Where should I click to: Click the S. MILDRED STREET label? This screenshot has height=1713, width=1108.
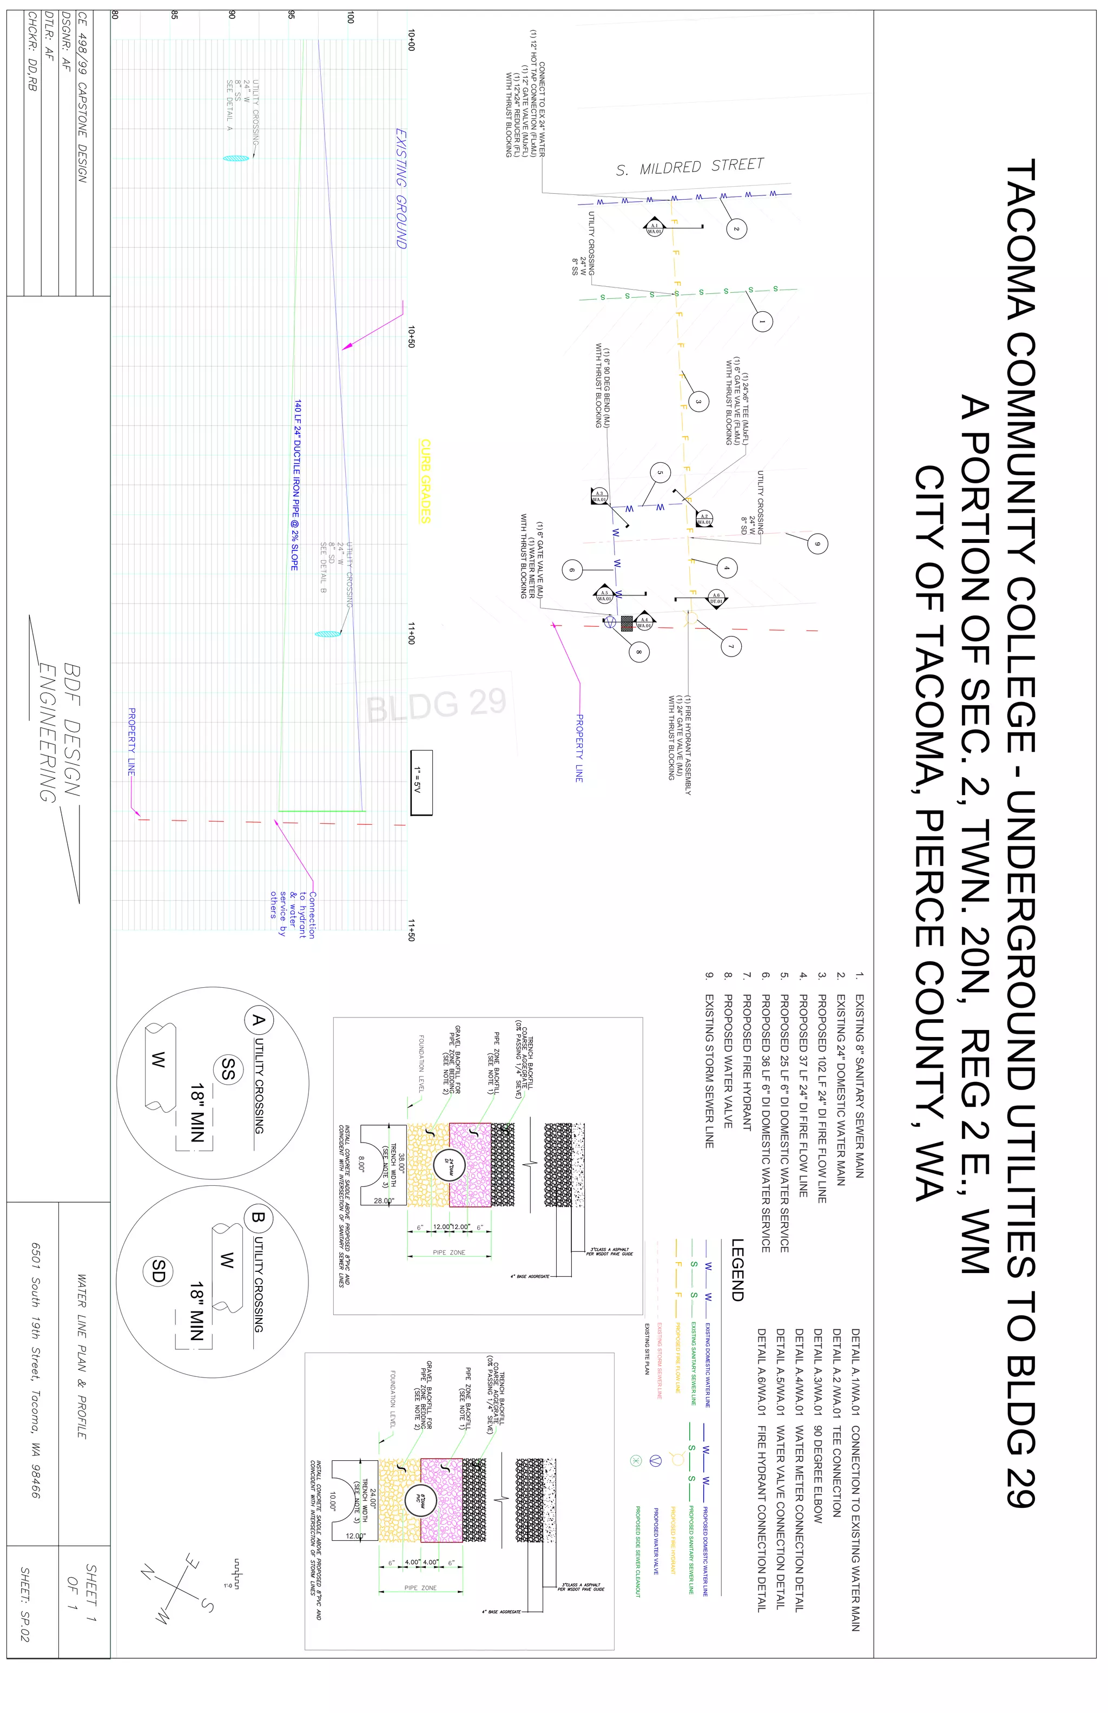tap(690, 167)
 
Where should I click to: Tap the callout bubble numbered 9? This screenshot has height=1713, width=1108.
tap(816, 543)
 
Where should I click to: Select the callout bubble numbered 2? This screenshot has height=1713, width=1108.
tap(736, 229)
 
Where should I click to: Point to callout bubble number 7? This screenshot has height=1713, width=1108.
tap(731, 646)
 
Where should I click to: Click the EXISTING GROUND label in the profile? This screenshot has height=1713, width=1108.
tap(401, 188)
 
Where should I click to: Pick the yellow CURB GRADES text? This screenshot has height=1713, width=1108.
tap(425, 481)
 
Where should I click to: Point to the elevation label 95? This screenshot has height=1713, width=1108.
tap(292, 15)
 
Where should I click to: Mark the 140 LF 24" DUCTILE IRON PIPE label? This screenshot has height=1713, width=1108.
tap(296, 486)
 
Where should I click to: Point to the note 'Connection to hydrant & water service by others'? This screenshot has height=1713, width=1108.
tap(292, 914)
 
